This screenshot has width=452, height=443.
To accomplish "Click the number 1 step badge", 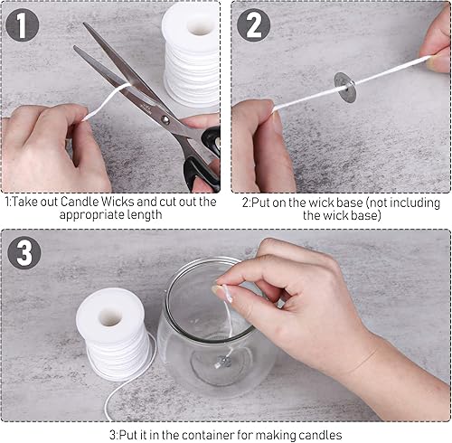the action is (22, 24).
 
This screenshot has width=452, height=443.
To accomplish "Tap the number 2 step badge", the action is (253, 24).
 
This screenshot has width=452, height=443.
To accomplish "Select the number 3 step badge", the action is (24, 252).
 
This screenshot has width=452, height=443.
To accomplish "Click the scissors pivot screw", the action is (165, 119).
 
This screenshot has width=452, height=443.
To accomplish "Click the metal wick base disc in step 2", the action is (345, 88).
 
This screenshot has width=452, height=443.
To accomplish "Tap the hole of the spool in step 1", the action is (200, 27).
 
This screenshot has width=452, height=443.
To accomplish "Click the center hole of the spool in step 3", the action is (111, 318).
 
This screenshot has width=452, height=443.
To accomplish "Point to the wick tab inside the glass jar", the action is (222, 361).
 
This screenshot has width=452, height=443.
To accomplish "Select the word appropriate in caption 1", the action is (91, 215).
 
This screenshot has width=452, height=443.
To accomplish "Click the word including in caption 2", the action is (415, 203).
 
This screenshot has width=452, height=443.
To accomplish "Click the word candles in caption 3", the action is (320, 435).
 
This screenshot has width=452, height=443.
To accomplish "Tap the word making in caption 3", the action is (276, 436).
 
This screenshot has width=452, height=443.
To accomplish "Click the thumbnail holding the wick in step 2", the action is (431, 62).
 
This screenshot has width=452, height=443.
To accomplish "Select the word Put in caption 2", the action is (261, 203).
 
